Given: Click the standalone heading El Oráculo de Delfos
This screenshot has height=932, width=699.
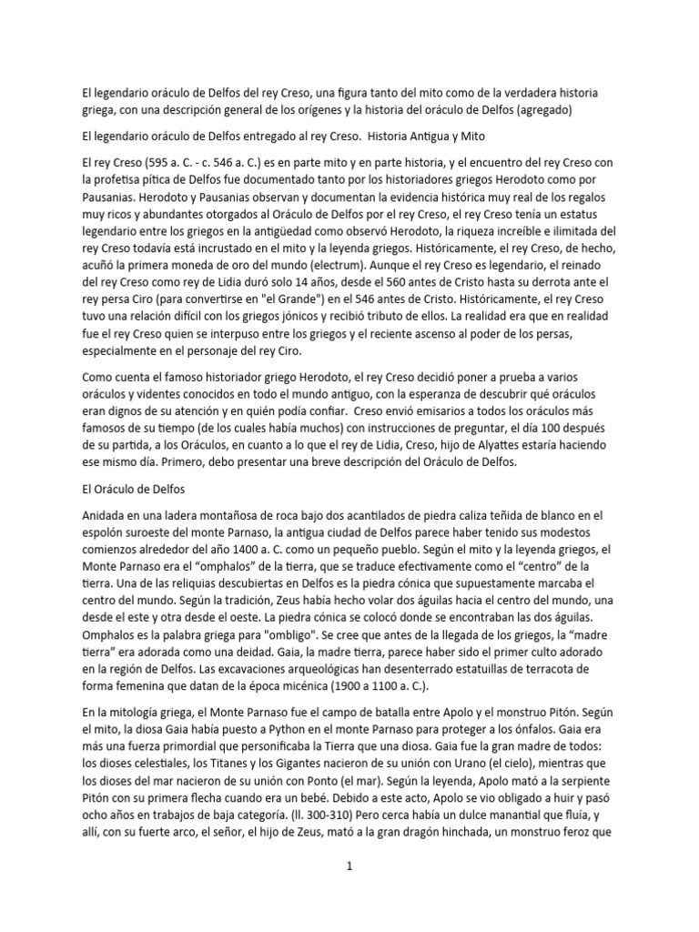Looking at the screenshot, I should pyautogui.click(x=123, y=489).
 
